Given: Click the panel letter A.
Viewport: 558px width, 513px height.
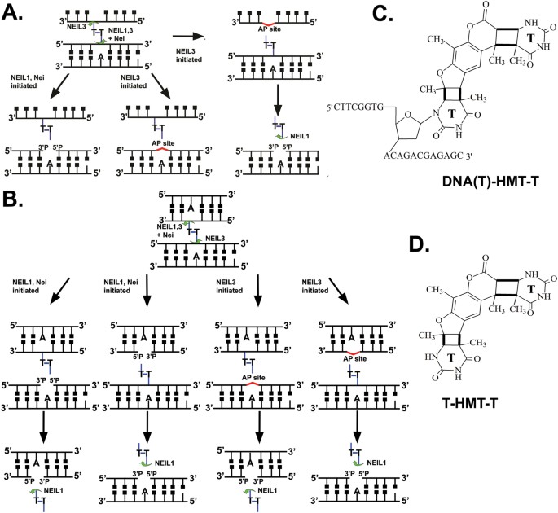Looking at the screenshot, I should coord(15,14).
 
